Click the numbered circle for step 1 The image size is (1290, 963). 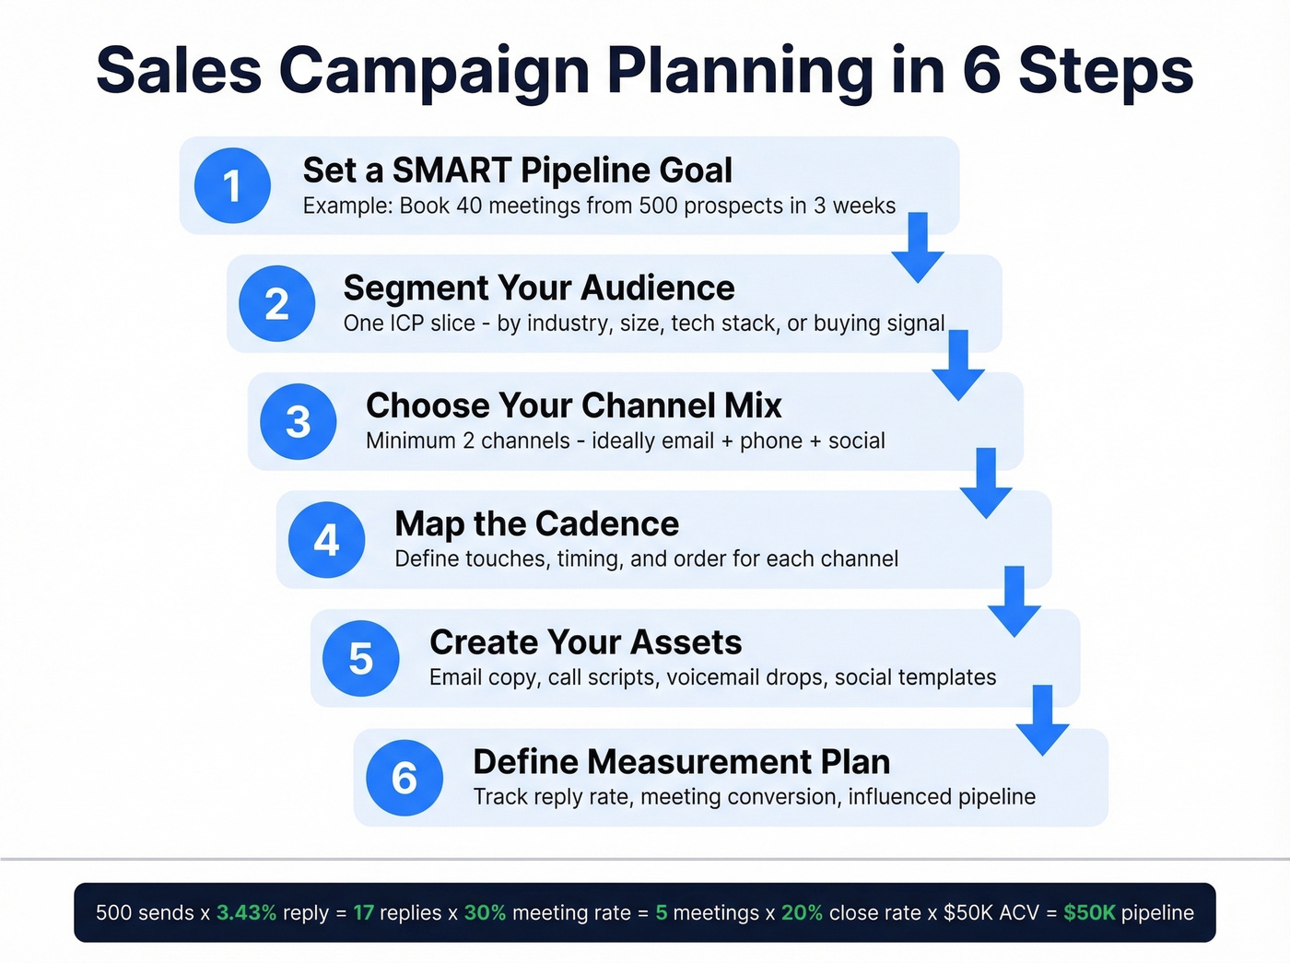tap(232, 185)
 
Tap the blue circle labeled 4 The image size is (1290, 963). tap(326, 540)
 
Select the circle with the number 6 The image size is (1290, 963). tap(404, 778)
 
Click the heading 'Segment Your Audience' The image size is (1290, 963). tap(538, 288)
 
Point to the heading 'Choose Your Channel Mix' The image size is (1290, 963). tap(573, 406)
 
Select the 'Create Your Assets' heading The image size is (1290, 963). tap(585, 642)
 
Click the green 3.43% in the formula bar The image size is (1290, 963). tap(246, 913)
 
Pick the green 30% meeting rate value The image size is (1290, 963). tap(485, 913)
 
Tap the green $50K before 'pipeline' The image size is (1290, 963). tap(1088, 913)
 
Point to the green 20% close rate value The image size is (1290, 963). tap(802, 913)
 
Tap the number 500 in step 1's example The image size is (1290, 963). tap(658, 206)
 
